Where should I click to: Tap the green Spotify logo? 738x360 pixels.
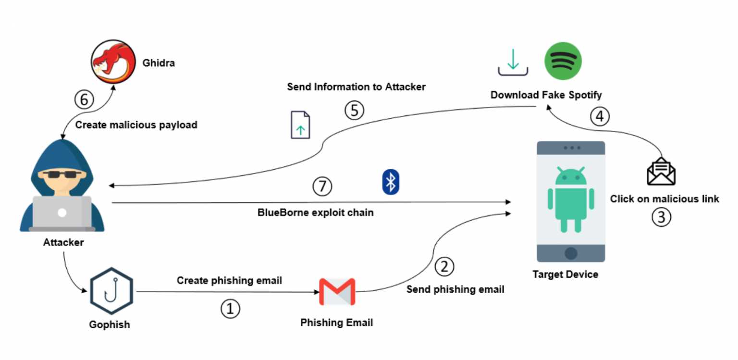pos(563,61)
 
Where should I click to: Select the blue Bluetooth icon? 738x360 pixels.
pos(391,182)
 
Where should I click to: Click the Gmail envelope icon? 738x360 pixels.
pos(337,291)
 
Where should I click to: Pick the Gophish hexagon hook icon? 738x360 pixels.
pos(111,291)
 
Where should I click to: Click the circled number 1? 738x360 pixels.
pos(230,310)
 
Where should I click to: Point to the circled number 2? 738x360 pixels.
pos(444,266)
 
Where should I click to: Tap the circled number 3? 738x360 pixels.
pos(661,217)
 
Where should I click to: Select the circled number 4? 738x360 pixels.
pos(600,117)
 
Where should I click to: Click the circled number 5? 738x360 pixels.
pos(354,110)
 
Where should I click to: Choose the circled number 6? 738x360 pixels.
pos(84,100)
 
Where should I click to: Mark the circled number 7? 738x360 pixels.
pos(322,186)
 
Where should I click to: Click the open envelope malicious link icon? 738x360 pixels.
pos(661,172)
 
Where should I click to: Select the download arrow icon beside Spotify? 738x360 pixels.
pos(513,62)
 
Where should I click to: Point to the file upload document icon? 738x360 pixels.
pos(300,125)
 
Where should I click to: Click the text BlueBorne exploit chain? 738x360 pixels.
pos(315,212)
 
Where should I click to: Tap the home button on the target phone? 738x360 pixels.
pos(571,253)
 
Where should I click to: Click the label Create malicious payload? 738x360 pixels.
pos(136,125)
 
